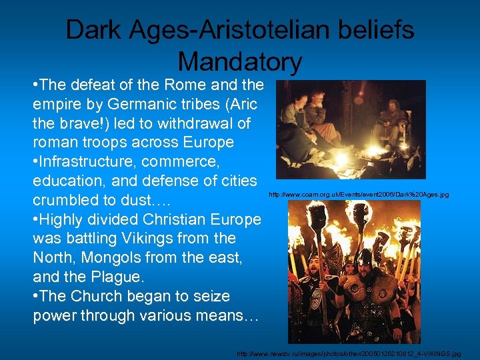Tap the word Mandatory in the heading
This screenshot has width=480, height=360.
pos(240,61)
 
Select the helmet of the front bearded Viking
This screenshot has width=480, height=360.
pos(364,256)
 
